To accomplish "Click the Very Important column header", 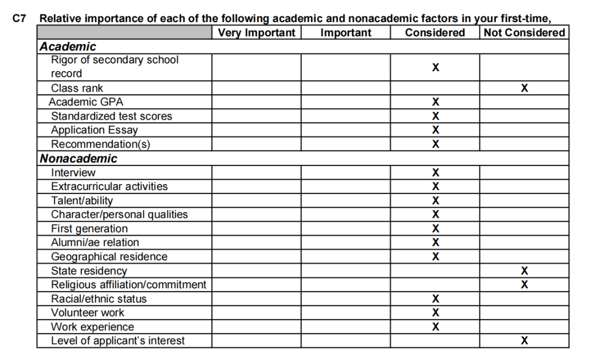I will [256, 33].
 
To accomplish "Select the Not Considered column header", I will [524, 33].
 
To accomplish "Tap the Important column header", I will [345, 33].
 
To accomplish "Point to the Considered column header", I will [435, 33].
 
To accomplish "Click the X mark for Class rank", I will [524, 88].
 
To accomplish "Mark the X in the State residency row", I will [524, 271].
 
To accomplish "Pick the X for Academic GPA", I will [435, 102].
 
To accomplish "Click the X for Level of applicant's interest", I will [524, 341].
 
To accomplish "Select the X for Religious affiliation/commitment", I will [524, 284].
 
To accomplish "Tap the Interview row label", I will [73, 173].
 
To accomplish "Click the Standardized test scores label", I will [111, 116].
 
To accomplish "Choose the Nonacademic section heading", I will [78, 159].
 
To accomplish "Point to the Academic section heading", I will [68, 47].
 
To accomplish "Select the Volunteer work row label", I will [88, 313].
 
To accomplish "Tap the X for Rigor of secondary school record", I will [435, 67].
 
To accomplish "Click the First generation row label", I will [89, 229].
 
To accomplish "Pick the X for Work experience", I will [435, 326].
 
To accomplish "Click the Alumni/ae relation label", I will [95, 243].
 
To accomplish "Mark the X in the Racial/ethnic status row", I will [435, 299].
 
